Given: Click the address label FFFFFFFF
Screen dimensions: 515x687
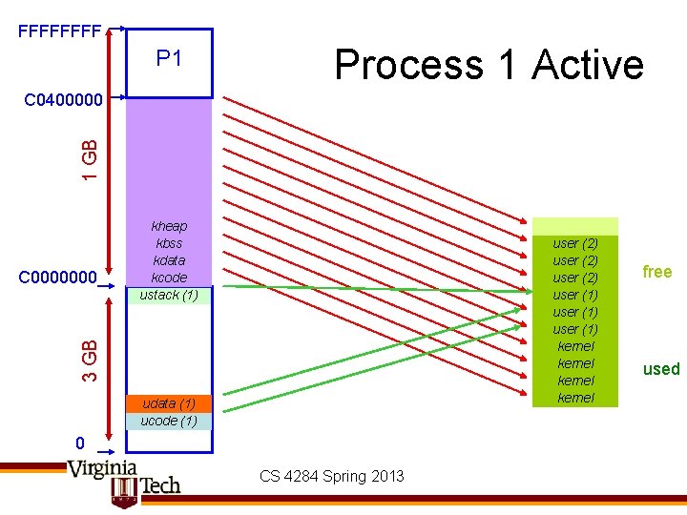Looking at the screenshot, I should pos(59,31).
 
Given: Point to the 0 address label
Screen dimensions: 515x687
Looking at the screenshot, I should pos(82,443).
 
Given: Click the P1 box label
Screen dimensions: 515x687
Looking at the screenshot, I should pos(169,59).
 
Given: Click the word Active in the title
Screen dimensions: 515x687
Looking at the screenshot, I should pos(588,65).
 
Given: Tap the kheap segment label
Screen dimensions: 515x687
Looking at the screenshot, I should pos(169,226).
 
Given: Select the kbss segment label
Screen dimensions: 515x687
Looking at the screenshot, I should pos(169,243).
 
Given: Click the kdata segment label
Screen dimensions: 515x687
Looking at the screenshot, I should pos(169,260).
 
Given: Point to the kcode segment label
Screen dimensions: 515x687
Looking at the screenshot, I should pos(169,278).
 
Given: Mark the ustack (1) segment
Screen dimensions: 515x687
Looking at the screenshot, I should pos(169,295).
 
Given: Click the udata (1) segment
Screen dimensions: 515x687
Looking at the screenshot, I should pos(169,403).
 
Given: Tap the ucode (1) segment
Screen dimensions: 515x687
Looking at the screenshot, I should pos(169,421).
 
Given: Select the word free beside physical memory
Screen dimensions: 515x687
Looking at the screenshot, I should pos(657,272).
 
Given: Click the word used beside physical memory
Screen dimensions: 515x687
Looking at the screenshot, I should pos(660,369).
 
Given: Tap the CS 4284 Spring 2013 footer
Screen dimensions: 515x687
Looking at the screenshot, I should pos(331,476).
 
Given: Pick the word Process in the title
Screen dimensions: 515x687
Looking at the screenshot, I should pos(408,65).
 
